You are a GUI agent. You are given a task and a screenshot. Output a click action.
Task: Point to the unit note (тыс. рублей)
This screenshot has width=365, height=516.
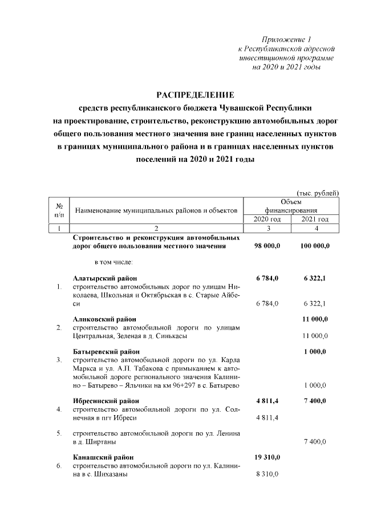[x=318, y=193]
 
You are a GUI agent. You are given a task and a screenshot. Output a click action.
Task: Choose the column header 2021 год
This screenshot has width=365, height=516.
[x=315, y=220]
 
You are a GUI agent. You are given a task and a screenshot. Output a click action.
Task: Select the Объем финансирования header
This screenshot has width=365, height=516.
[x=291, y=206]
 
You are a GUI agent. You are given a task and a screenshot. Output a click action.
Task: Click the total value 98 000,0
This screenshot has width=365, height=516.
[x=267, y=246]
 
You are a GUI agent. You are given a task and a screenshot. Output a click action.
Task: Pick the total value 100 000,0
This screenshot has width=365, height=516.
[x=315, y=246]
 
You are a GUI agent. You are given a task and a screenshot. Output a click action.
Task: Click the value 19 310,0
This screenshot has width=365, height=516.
[x=267, y=457]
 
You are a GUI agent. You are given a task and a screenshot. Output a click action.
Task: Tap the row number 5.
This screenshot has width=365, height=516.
[x=59, y=433]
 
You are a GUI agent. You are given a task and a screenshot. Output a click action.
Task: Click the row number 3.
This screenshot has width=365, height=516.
[x=59, y=360]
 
